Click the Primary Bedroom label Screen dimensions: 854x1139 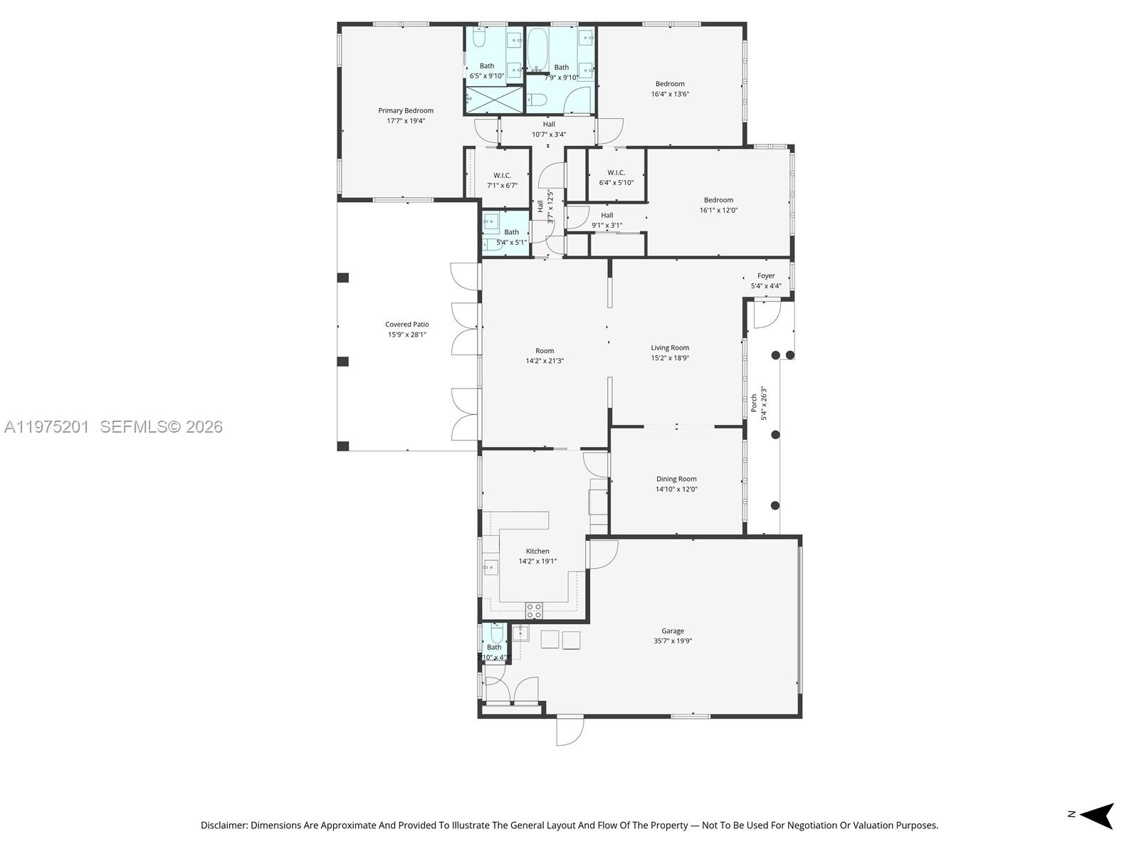tap(405, 110)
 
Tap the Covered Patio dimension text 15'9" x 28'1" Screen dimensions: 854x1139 tap(406, 334)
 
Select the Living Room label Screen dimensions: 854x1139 tap(670, 348)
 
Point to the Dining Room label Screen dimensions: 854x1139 tap(676, 479)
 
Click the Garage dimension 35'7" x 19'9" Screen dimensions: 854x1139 tap(673, 640)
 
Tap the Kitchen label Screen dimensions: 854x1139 tap(537, 551)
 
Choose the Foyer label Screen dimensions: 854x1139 tap(766, 275)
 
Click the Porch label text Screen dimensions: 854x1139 tap(754, 404)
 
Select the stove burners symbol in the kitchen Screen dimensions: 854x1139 tap(534, 610)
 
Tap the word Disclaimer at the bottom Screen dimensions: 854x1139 tap(224, 826)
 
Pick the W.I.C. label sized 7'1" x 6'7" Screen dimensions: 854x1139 tap(502, 175)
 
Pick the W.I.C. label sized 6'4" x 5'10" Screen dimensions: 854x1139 tap(616, 172)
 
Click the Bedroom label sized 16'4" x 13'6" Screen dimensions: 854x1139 tap(670, 84)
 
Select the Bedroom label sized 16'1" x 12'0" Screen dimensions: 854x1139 tap(718, 200)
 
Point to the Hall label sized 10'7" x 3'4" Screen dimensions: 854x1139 tap(549, 124)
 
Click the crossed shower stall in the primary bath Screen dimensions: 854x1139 tap(493, 100)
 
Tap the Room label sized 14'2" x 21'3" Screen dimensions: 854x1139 tap(545, 350)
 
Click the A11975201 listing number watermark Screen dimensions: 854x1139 tap(47, 426)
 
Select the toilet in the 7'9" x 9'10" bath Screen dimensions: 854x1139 tap(539, 98)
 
